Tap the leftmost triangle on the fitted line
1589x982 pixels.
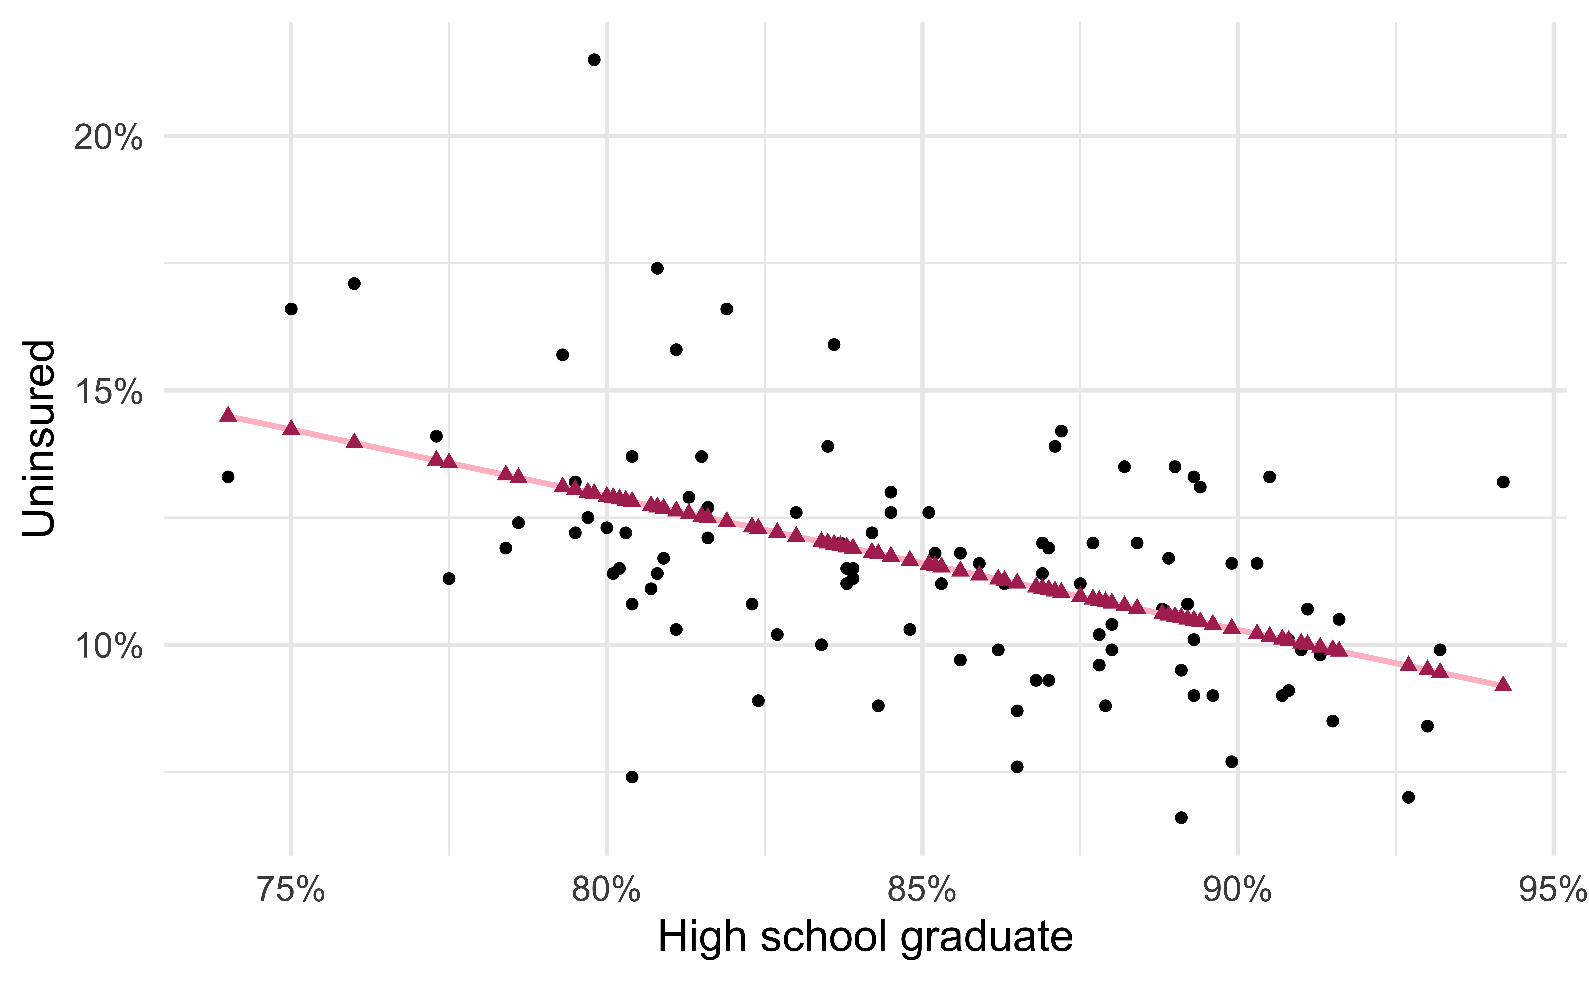227,414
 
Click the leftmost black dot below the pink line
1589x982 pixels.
227,477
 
